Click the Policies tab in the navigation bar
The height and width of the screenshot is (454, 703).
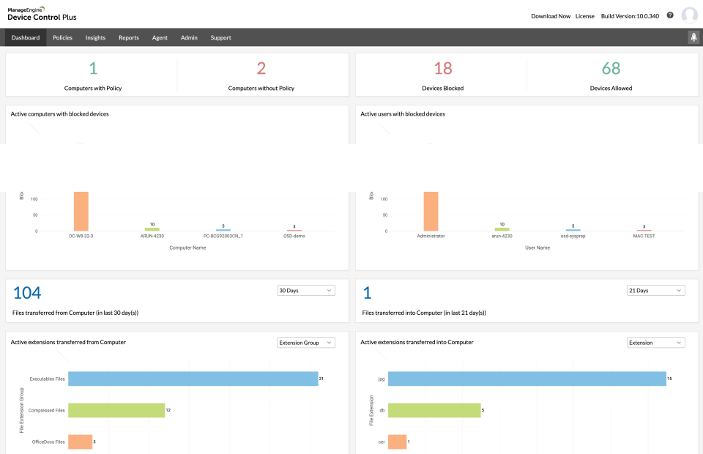tap(62, 37)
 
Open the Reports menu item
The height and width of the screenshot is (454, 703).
tap(128, 37)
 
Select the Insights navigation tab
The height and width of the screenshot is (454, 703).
tap(95, 37)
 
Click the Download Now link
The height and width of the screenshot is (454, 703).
tap(550, 15)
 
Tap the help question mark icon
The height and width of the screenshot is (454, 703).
tap(669, 15)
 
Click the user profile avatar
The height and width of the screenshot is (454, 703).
tap(689, 15)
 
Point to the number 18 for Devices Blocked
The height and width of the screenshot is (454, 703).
tap(443, 69)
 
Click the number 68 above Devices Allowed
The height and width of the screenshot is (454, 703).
tap(611, 69)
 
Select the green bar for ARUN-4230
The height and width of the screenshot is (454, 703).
tap(152, 229)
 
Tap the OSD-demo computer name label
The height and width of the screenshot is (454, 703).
tap(294, 236)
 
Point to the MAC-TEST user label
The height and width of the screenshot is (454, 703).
tap(644, 236)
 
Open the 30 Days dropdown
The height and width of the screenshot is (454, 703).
tap(305, 291)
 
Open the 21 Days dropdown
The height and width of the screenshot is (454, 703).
tap(655, 291)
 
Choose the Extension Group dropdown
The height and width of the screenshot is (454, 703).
tap(305, 343)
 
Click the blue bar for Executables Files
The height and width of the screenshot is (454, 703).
tap(193, 379)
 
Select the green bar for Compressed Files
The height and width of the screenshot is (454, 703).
tap(116, 410)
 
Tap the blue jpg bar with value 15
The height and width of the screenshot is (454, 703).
tap(527, 379)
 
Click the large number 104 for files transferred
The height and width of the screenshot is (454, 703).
tap(27, 293)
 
